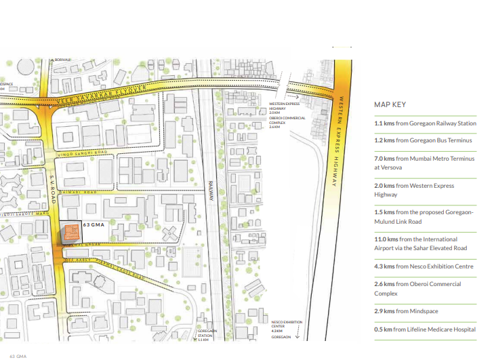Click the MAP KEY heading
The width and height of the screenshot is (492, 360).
(389, 105)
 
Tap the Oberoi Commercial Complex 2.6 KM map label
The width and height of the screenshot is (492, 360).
(287, 122)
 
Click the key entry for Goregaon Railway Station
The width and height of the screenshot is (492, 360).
(425, 124)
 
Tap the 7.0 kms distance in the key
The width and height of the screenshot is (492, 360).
(384, 159)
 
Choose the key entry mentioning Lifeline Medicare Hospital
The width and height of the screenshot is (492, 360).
(425, 329)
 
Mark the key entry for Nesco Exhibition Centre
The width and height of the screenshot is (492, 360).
(424, 266)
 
